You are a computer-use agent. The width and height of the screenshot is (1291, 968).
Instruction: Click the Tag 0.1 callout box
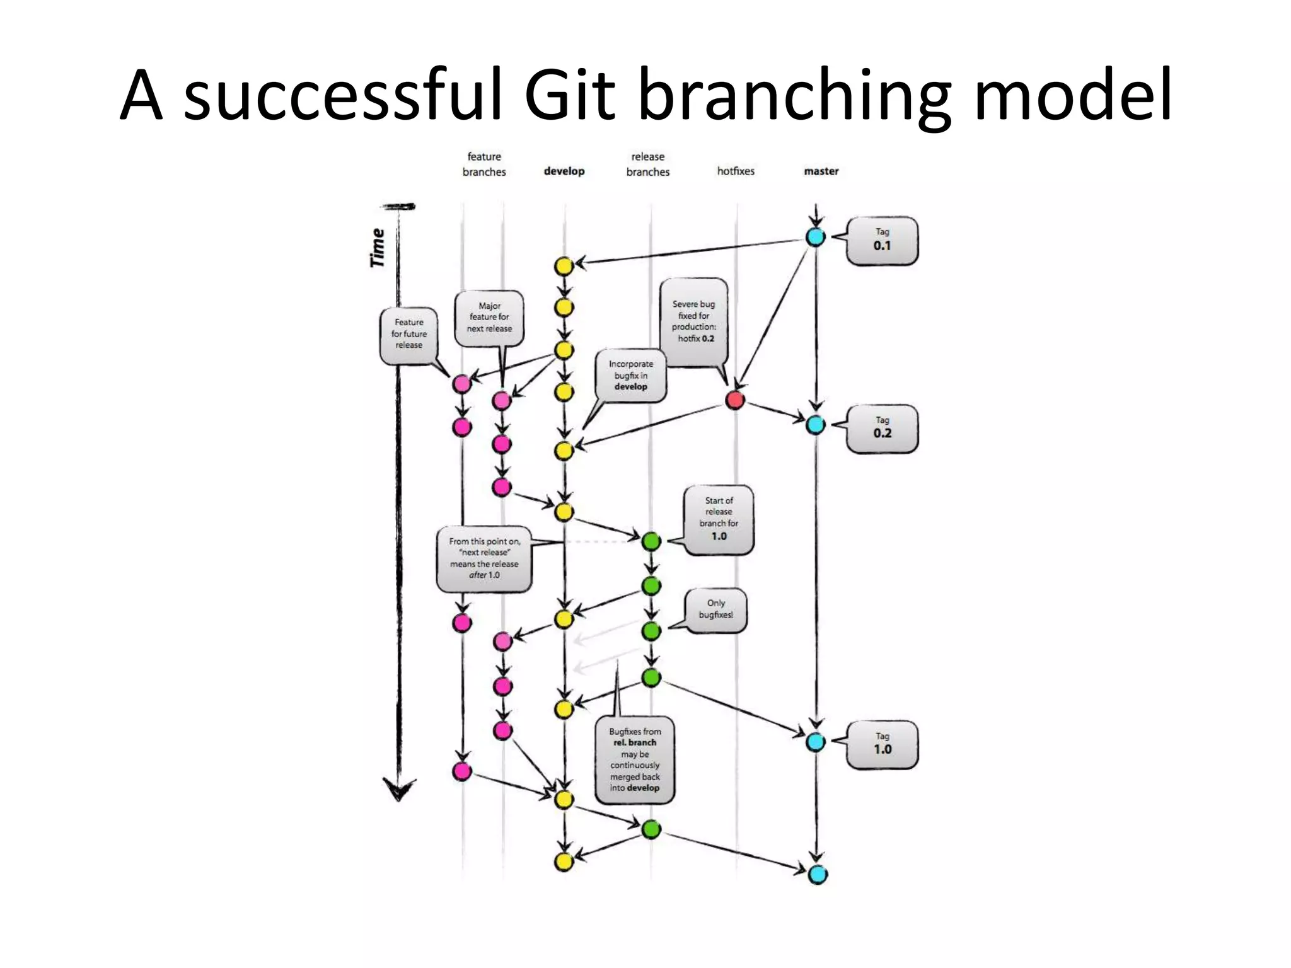click(881, 241)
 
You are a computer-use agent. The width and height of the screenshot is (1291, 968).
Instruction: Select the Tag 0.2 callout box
click(881, 429)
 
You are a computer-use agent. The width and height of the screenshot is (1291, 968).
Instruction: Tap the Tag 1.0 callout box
click(881, 744)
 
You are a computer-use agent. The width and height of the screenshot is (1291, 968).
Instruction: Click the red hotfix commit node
click(735, 400)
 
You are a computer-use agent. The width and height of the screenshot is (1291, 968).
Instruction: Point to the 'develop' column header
click(564, 171)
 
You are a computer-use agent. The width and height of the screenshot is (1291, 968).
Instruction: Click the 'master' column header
click(821, 171)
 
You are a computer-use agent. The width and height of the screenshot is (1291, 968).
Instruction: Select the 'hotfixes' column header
click(735, 171)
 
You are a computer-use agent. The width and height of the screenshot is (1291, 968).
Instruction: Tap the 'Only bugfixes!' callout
click(715, 609)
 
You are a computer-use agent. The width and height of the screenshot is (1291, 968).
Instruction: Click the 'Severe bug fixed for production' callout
click(693, 321)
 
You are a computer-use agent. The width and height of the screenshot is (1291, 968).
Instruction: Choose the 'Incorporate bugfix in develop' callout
click(630, 376)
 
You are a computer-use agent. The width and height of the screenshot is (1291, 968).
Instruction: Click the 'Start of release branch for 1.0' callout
click(719, 519)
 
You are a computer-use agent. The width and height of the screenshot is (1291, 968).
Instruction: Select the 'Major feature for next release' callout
click(489, 317)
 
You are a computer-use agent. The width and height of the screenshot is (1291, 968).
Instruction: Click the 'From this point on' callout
click(483, 558)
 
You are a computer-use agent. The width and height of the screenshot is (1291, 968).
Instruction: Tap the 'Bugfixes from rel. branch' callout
click(634, 759)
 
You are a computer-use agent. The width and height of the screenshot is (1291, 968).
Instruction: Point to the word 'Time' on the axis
click(377, 248)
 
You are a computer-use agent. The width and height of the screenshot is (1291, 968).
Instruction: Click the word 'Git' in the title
click(569, 96)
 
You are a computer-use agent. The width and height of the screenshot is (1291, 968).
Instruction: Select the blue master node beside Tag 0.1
click(816, 237)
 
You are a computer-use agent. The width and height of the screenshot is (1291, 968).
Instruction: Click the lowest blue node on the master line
click(817, 874)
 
